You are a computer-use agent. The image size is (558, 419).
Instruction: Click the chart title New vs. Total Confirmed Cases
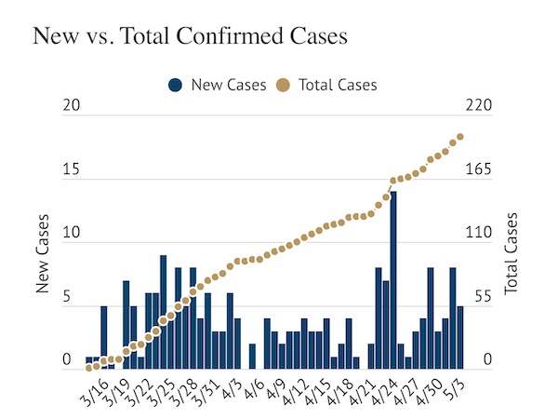click(x=190, y=37)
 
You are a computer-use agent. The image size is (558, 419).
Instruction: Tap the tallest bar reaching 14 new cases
click(x=393, y=279)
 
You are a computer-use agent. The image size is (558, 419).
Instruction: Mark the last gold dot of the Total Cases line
click(x=461, y=137)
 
